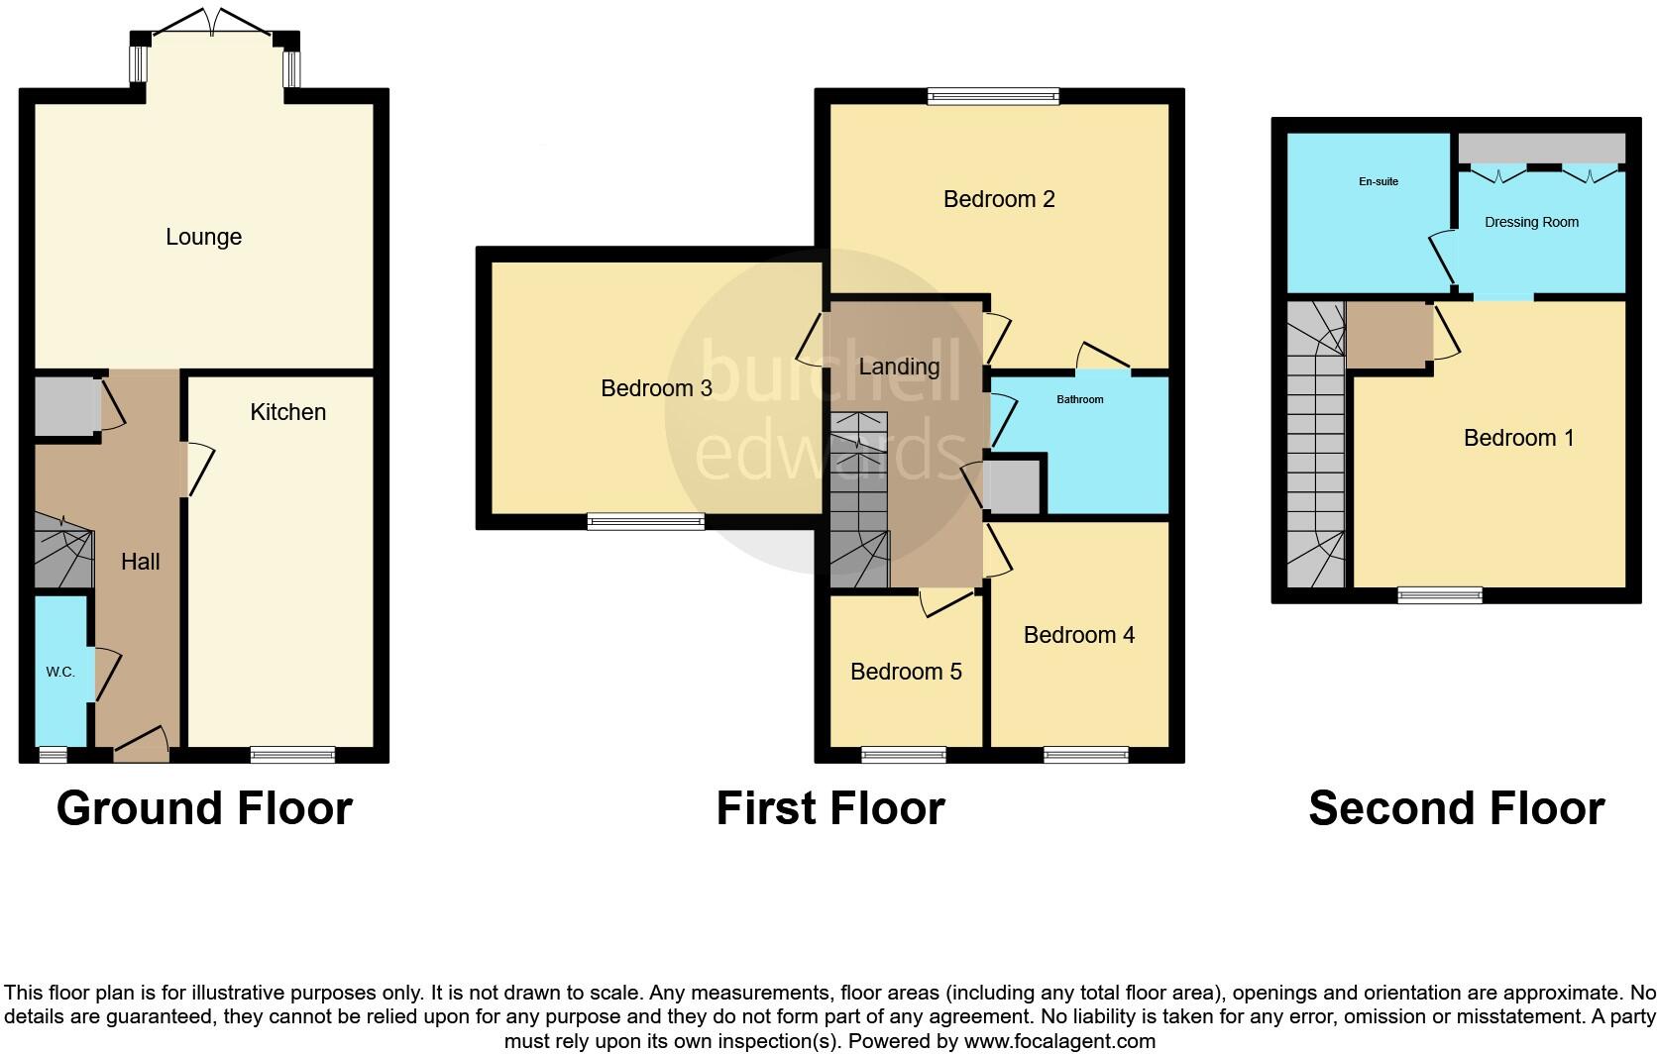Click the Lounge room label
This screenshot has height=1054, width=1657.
click(x=203, y=237)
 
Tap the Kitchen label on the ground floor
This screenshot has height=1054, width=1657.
click(x=287, y=412)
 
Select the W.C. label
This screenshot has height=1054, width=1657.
click(x=60, y=672)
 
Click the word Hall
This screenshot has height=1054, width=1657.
click(x=140, y=562)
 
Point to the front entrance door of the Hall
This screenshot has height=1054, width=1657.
click(x=141, y=745)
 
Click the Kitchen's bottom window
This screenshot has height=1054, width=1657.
click(x=292, y=755)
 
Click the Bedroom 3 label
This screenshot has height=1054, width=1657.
click(x=656, y=388)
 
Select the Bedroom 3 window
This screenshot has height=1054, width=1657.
click(x=645, y=521)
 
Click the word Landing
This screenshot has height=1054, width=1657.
click(x=899, y=367)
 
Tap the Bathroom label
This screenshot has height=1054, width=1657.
click(x=1079, y=399)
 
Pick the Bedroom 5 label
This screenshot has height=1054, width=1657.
click(x=906, y=672)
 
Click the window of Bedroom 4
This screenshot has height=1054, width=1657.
click(x=1085, y=755)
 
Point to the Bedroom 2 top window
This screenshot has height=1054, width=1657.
click(x=993, y=96)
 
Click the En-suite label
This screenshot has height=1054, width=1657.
click(x=1378, y=182)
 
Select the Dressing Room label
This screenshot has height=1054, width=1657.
click(x=1531, y=222)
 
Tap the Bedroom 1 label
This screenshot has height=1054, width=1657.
click(x=1518, y=438)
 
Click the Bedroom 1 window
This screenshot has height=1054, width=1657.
click(x=1440, y=594)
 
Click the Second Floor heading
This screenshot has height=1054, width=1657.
click(x=1456, y=808)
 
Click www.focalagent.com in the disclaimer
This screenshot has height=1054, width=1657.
click(x=1059, y=1041)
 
